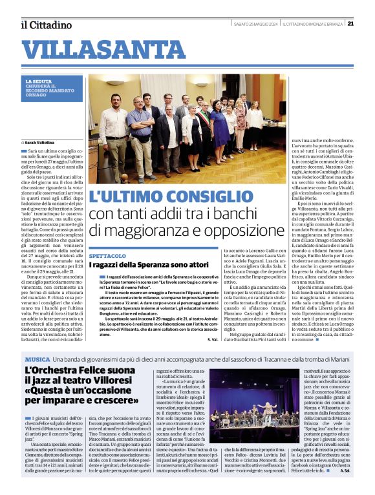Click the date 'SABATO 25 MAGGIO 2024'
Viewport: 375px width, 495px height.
click(x=256, y=24)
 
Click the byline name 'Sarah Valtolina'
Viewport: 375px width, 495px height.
click(x=40, y=142)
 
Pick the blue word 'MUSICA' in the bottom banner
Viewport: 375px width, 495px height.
click(x=37, y=359)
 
